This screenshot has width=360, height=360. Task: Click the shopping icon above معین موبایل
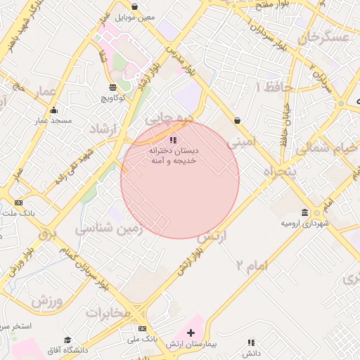click(x=134, y=6)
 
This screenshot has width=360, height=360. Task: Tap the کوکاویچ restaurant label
click(x=113, y=98)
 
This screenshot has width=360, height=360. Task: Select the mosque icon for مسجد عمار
click(x=54, y=110)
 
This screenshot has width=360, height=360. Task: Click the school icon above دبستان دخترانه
click(x=173, y=140)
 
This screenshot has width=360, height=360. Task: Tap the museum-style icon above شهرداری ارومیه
click(x=304, y=212)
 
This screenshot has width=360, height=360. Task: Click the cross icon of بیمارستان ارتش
click(x=191, y=332)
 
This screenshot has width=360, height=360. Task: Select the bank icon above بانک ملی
click(x=142, y=328)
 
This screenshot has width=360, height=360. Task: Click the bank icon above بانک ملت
click(x=18, y=202)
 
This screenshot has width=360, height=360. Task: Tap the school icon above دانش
click(x=250, y=342)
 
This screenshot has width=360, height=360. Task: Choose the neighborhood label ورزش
click(x=46, y=301)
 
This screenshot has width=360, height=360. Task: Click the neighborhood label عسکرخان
click(x=323, y=37)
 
